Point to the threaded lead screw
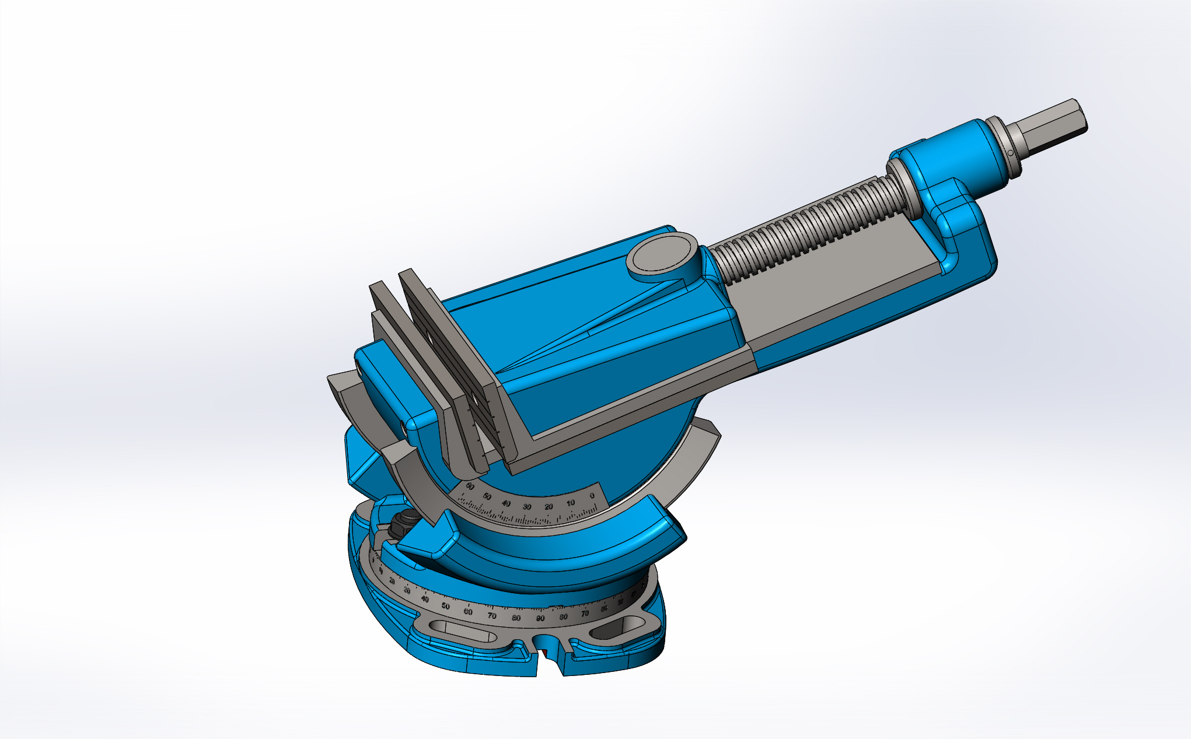805,227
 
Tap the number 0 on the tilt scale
592,496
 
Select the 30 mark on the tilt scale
527,507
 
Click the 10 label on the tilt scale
570,503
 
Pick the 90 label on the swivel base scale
540,618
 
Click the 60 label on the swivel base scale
467,612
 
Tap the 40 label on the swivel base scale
425,599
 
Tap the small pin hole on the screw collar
1010,152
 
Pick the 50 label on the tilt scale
487,496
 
